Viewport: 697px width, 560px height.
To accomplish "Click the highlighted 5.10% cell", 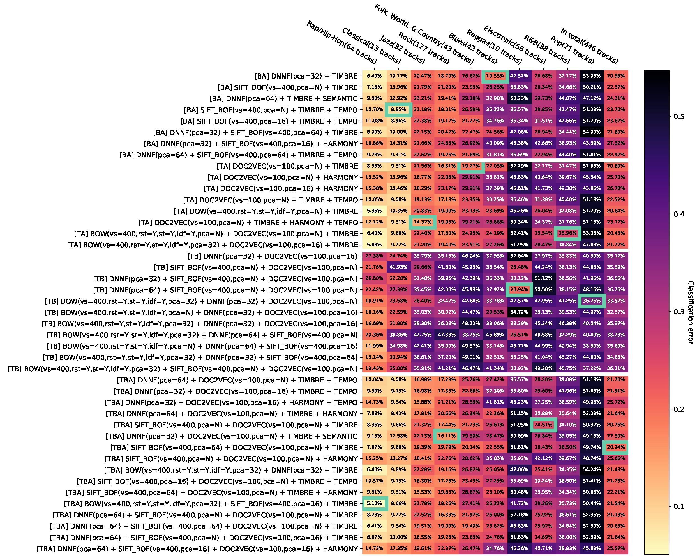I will click(x=374, y=503).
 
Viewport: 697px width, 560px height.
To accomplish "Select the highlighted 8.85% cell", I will click(x=398, y=110).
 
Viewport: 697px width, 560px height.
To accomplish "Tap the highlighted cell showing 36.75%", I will click(x=592, y=301).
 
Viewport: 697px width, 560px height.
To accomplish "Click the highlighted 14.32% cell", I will click(x=423, y=222).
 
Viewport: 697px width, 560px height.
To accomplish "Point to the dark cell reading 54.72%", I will click(x=519, y=312).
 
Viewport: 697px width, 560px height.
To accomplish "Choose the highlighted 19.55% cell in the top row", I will click(x=495, y=76).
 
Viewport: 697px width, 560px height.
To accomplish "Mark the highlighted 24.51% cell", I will click(x=543, y=425).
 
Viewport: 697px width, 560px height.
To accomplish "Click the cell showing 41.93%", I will click(x=398, y=267).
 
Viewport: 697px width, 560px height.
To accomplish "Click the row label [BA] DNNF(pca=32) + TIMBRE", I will click(x=306, y=76).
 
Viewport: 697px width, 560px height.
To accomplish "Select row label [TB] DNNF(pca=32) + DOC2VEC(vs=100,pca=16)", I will click(x=273, y=256).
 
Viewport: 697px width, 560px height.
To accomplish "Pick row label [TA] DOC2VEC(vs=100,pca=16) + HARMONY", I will click(x=281, y=188).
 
